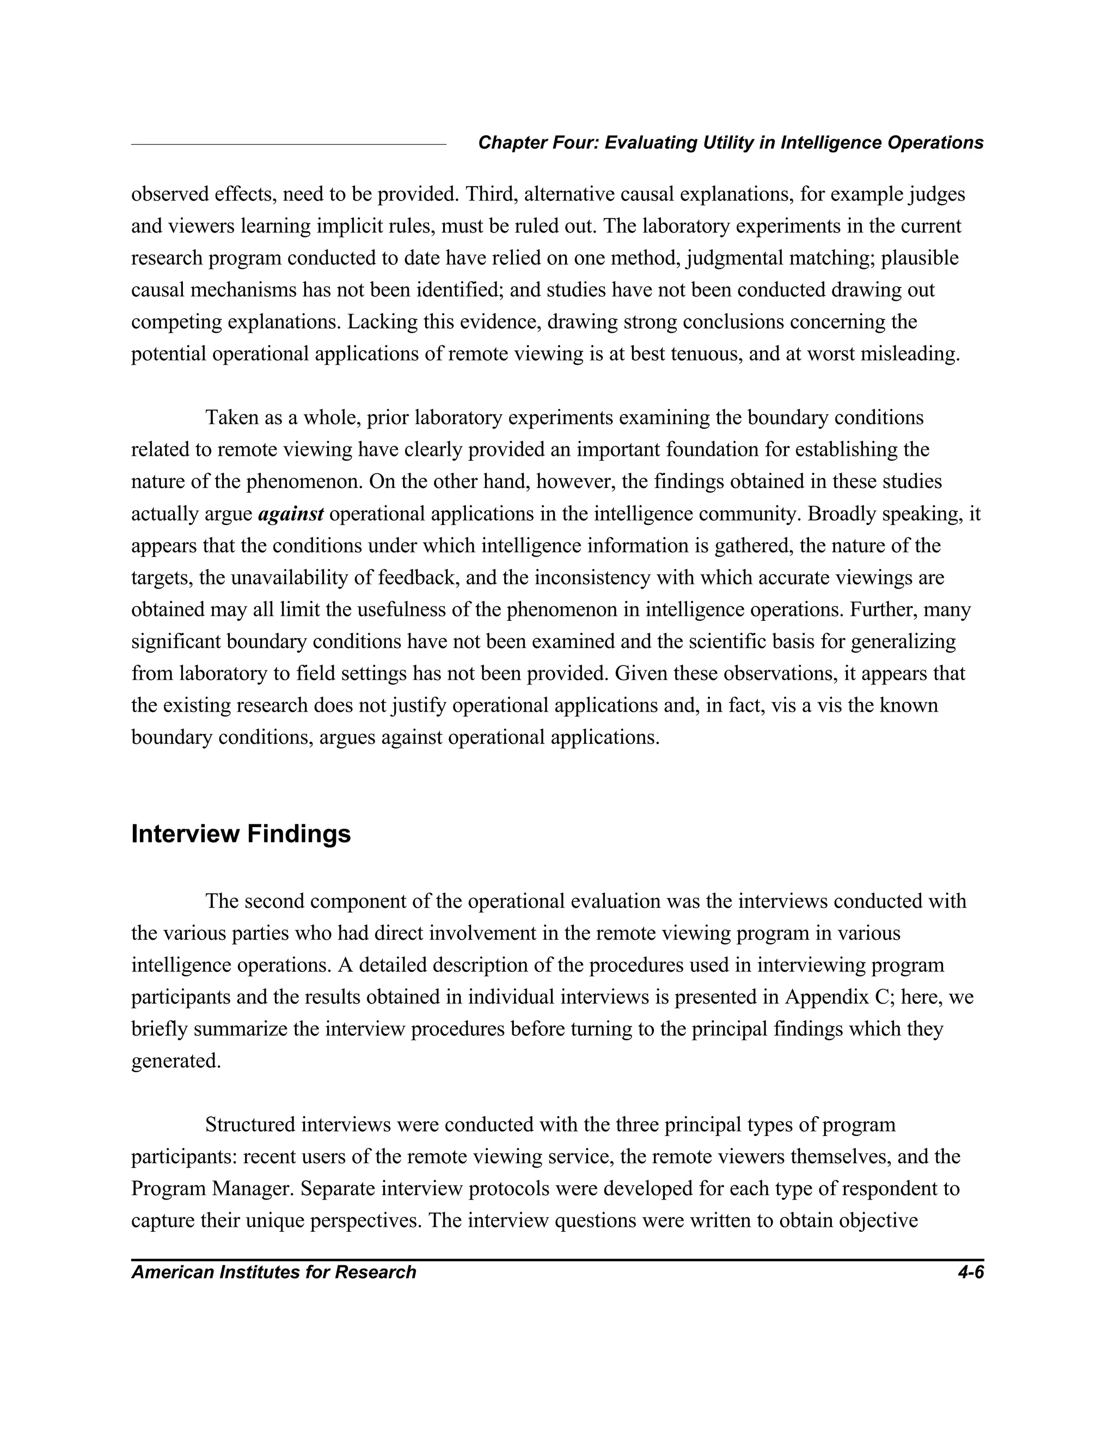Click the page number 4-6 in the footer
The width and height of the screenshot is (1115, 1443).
click(970, 1272)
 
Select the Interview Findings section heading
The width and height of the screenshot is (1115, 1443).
click(241, 834)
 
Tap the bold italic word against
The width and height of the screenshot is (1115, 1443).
click(291, 513)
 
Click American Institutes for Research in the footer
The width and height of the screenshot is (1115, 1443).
click(273, 1272)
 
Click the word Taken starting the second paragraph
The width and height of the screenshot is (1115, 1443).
click(229, 418)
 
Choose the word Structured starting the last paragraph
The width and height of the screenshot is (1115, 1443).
click(250, 1124)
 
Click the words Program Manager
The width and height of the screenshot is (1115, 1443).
click(211, 1189)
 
